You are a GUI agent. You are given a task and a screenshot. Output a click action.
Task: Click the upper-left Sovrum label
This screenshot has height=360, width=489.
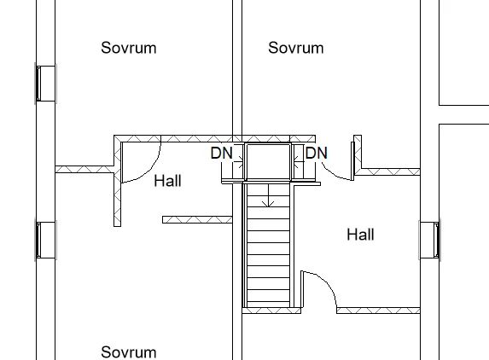point(129,48)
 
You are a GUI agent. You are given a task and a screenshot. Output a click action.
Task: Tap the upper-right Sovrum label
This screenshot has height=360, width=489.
point(295,48)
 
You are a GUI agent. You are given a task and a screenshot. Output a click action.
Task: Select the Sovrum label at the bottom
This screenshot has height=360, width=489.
point(129,352)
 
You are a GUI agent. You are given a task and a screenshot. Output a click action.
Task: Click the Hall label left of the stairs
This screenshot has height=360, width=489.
point(168,181)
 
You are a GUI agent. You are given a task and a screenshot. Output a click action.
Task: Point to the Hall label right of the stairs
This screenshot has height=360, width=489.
point(360,235)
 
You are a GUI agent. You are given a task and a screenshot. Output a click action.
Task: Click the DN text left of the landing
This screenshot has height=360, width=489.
point(222,153)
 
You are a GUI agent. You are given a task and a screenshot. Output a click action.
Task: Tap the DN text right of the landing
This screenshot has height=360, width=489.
point(317,153)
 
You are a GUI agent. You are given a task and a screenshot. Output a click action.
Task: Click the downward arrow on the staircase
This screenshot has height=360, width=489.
point(268,195)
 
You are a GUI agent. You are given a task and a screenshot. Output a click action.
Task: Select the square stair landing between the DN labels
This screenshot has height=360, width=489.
point(268,161)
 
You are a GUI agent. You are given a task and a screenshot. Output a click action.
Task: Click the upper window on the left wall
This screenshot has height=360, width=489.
point(45,84)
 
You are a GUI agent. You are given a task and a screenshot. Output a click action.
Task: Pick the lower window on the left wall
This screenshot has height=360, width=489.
point(45,240)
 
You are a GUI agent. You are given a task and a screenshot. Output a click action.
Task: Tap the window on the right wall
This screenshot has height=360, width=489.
point(430,240)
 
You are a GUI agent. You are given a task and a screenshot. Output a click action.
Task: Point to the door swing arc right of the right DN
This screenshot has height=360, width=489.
point(335,176)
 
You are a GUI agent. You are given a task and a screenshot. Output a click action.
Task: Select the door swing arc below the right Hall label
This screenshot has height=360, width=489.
point(328,282)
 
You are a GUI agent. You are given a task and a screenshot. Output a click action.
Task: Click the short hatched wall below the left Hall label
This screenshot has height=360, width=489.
point(197,220)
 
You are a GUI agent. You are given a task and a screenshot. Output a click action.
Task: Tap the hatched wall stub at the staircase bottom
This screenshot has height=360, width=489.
point(271,311)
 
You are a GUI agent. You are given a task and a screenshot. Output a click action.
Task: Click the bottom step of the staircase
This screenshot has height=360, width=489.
point(268,305)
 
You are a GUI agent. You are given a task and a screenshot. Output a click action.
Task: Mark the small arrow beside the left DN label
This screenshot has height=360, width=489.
point(240,160)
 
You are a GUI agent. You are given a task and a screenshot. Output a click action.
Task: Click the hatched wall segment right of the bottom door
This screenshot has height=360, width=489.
point(378,311)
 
